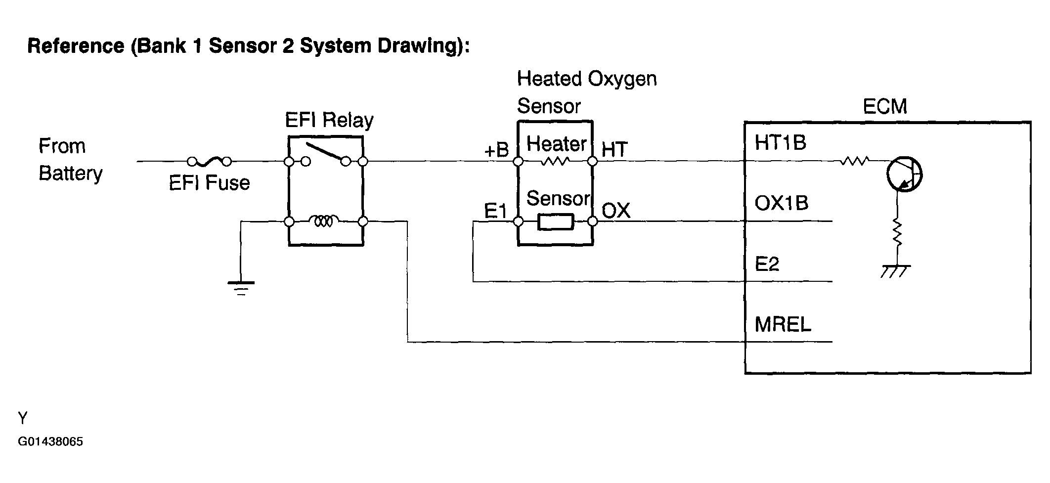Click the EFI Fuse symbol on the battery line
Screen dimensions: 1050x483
click(x=210, y=161)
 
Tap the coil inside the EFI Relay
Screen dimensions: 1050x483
click(x=324, y=221)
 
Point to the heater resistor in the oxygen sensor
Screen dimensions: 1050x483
click(x=555, y=161)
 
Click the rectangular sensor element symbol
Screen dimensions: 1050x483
click(x=556, y=222)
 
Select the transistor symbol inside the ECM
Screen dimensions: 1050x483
click(x=904, y=175)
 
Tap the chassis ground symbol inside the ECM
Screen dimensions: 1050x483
click(x=896, y=271)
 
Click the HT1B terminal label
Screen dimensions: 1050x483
click(x=781, y=143)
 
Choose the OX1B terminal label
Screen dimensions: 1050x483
click(x=782, y=203)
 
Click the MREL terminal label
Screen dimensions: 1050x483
click(x=783, y=324)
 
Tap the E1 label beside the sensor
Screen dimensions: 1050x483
click(x=496, y=211)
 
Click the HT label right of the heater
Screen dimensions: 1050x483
click(x=614, y=150)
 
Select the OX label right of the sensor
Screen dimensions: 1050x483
click(x=616, y=211)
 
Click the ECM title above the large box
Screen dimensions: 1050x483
click(x=885, y=107)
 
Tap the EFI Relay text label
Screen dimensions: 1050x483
click(x=329, y=120)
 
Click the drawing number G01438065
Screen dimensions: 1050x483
click(x=50, y=441)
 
